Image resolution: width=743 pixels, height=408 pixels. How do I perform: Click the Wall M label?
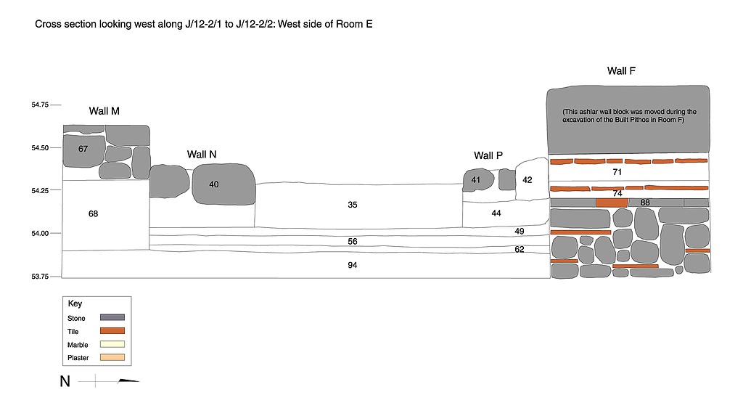[x=104, y=111]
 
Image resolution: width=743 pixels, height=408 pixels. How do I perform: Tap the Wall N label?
[x=202, y=154]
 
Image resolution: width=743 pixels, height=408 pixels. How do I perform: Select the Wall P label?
[x=488, y=155]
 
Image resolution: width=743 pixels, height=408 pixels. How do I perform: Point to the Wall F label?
[x=622, y=70]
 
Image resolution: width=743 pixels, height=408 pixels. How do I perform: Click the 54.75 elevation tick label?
[x=40, y=105]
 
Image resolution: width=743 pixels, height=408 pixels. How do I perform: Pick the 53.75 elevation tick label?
[x=40, y=277]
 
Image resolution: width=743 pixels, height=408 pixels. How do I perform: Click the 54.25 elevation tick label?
[x=40, y=191]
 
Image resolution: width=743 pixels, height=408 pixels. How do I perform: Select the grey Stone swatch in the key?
[x=112, y=317]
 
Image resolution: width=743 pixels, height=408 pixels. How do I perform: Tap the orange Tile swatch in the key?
[x=112, y=330]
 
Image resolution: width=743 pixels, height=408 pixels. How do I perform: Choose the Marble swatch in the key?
[x=112, y=343]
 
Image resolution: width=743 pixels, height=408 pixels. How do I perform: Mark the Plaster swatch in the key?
[x=112, y=356]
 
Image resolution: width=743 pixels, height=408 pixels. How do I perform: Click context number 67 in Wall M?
[x=83, y=149]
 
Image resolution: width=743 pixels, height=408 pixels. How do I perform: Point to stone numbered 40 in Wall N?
[x=214, y=184]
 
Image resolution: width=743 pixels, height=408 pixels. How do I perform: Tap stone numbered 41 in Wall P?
[x=476, y=179]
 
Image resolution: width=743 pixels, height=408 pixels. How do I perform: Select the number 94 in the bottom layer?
[x=353, y=266]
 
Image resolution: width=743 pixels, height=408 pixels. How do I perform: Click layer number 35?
[x=353, y=205]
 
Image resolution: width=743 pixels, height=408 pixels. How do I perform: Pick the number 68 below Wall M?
[x=93, y=213]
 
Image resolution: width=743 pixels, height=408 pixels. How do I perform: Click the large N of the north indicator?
[x=65, y=381]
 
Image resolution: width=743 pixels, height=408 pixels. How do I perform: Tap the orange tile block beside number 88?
[x=612, y=203]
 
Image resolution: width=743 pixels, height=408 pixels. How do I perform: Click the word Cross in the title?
[x=49, y=25]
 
